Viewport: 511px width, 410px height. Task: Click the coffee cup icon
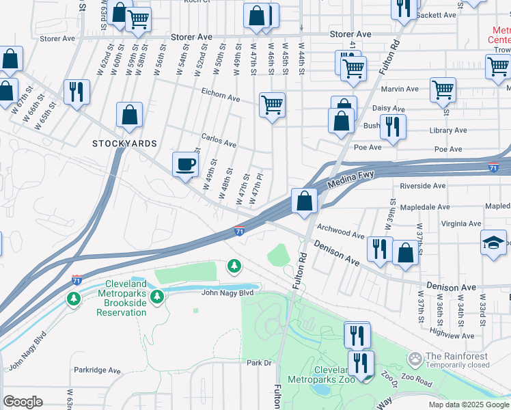click(184, 164)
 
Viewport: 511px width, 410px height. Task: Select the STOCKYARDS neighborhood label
click(125, 143)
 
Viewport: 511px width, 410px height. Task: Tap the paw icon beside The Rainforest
click(414, 358)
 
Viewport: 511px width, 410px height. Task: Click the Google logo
click(23, 402)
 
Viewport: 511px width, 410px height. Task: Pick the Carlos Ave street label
click(219, 144)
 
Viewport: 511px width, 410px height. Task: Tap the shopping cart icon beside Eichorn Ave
click(272, 105)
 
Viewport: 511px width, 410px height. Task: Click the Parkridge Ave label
click(97, 370)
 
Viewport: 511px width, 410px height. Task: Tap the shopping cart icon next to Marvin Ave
click(443, 89)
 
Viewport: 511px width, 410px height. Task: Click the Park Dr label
click(260, 363)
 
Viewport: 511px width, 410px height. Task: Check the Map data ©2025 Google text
click(468, 404)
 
